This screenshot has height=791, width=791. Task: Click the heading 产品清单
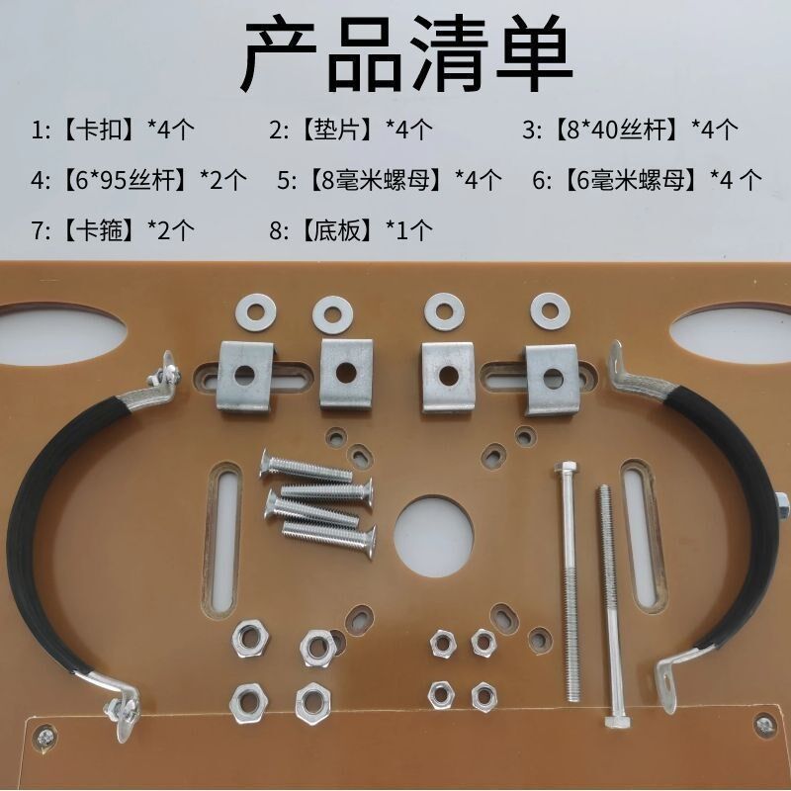pyautogui.click(x=406, y=55)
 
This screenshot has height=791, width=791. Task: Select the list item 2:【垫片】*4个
pyautogui.click(x=351, y=129)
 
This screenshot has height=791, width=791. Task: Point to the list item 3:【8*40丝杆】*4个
pyautogui.click(x=631, y=129)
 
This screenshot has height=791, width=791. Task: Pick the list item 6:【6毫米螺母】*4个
pyautogui.click(x=647, y=180)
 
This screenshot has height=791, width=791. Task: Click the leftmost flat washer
pyautogui.click(x=258, y=313)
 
